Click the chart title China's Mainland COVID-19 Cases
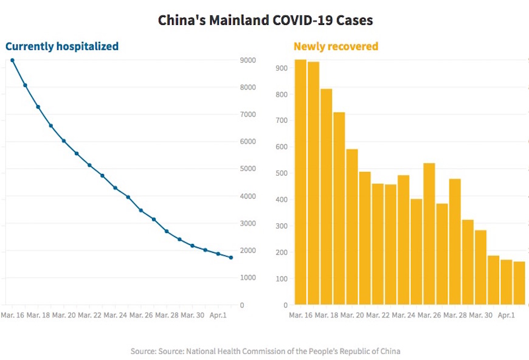click(265, 20)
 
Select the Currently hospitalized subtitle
click(62, 46)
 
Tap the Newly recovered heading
click(336, 46)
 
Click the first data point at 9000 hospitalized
click(12, 60)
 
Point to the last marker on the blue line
click(230, 257)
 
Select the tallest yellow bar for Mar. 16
click(300, 182)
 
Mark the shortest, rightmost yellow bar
click(519, 283)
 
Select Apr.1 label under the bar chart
click(507, 316)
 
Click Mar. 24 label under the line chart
click(115, 316)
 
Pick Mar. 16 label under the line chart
click(13, 316)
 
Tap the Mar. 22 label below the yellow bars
click(378, 316)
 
